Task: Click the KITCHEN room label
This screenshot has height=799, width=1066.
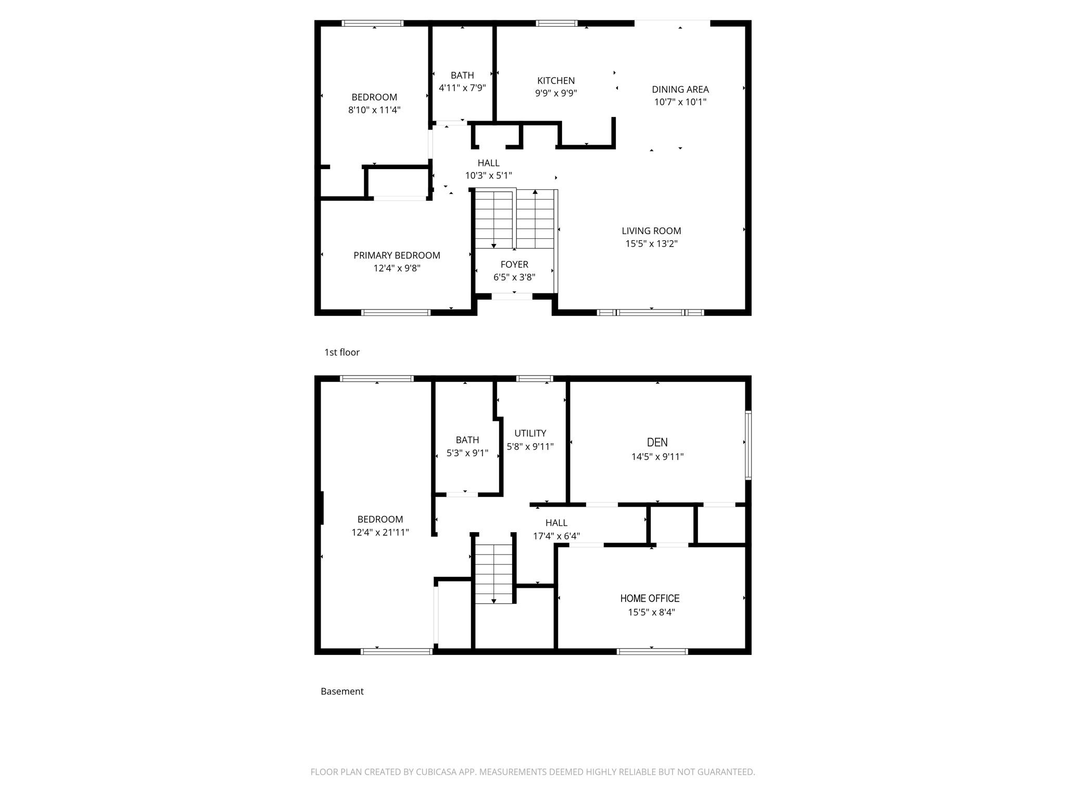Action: coord(556,81)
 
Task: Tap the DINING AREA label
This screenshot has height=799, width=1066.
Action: coord(680,89)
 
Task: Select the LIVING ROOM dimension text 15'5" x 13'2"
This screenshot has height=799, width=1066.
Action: coord(651,243)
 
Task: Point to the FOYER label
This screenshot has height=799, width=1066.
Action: coord(514,264)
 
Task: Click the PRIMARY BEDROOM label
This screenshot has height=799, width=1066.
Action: coord(397,255)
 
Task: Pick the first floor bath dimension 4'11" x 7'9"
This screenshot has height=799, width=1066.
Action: coord(462,88)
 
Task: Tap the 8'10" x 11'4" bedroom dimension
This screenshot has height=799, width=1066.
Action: coord(374,110)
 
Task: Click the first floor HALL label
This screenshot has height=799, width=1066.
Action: coord(488,163)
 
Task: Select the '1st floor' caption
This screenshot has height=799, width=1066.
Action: coord(342,352)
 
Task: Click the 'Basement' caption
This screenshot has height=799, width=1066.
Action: coord(342,691)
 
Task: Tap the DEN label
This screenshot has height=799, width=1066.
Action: coord(657,442)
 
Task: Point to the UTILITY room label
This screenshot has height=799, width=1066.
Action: coord(530,433)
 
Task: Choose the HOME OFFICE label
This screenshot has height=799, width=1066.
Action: coord(650,598)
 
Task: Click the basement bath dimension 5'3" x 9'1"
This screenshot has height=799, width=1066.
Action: coord(467,453)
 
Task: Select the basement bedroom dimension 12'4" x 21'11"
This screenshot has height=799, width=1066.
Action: coord(380,532)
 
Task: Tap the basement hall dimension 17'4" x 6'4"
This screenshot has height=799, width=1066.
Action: coord(556,536)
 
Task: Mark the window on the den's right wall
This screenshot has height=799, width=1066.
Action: coord(748,445)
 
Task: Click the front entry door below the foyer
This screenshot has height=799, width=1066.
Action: coord(512,297)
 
